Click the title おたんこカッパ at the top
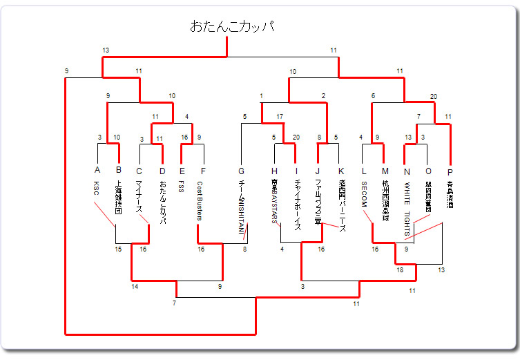[231, 27]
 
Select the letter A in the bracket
[97, 171]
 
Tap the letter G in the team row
[241, 171]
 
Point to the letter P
[450, 171]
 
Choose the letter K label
[340, 171]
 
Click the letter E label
[182, 171]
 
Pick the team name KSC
[97, 188]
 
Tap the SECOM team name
[363, 195]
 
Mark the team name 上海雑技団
[118, 198]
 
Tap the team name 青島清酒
[450, 195]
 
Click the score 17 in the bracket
[279, 116]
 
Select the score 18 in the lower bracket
[400, 270]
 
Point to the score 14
[134, 285]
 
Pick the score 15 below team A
[119, 249]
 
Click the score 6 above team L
[374, 96]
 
